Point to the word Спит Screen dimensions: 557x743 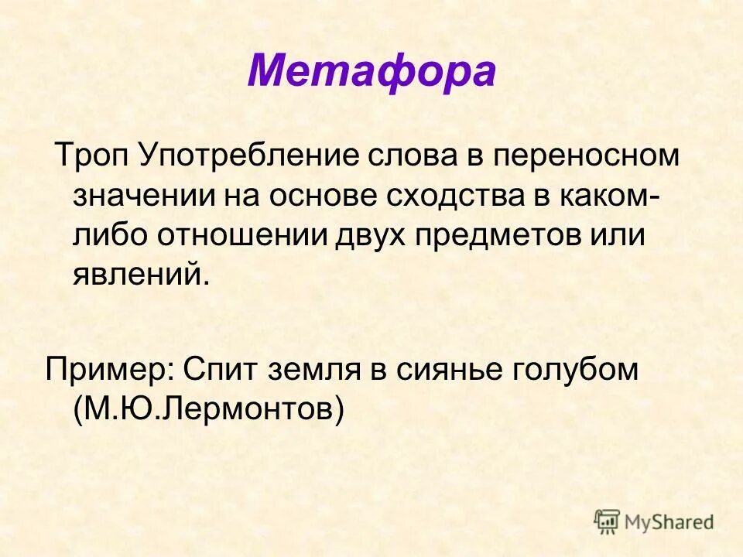click(221, 370)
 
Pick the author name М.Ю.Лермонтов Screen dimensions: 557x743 click(208, 409)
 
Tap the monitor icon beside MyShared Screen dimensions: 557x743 click(608, 521)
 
